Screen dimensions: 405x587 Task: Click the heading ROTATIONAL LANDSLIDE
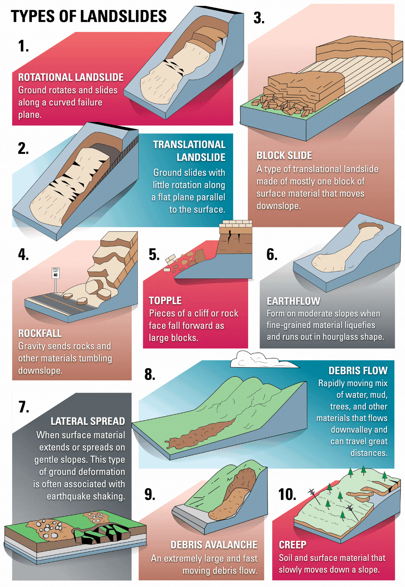pos(71,77)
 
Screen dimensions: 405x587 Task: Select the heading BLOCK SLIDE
pos(284,156)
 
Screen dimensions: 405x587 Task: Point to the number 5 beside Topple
pos(154,254)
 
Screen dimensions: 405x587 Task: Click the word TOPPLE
pos(165,301)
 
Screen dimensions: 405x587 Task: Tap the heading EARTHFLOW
pos(293,301)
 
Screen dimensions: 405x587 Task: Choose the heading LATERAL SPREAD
pos(88,421)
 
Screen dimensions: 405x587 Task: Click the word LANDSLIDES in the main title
pos(124,16)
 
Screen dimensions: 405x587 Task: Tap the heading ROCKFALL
pos(39,333)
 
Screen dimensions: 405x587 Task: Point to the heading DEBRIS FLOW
pos(358,371)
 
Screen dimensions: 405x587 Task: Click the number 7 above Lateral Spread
pos(24,407)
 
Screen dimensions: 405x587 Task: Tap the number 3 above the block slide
pos(259,18)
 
